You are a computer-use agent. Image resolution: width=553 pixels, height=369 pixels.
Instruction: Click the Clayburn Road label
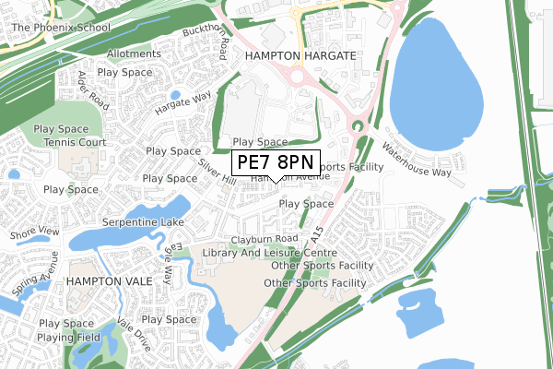266,238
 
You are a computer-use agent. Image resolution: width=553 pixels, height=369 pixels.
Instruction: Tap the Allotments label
133,54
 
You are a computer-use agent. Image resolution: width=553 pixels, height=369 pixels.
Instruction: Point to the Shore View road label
34,234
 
